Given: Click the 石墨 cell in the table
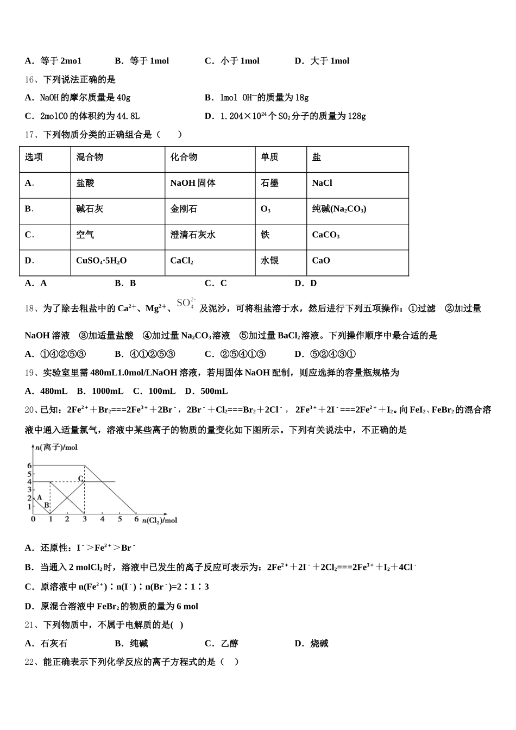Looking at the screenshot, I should point(269,184).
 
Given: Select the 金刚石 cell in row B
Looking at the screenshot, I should point(184,209).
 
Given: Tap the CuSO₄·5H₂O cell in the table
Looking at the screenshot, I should point(101,261).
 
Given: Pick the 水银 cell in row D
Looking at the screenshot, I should point(269,261).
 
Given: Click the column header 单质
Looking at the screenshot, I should point(269,158).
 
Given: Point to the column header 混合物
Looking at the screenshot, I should point(90,158).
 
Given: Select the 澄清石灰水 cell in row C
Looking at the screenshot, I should point(193,235).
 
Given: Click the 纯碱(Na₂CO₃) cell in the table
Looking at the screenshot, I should point(339,209).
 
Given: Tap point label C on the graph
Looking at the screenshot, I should point(80,479).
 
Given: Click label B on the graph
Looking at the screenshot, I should point(47,505).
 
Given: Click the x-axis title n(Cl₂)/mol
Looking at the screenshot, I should point(160,520).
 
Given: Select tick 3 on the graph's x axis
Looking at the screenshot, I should point(84,519).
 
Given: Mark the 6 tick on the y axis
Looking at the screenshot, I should point(29,465).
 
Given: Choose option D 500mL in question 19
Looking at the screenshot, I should point(206,391).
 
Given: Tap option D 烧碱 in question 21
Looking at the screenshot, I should point(312,644).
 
